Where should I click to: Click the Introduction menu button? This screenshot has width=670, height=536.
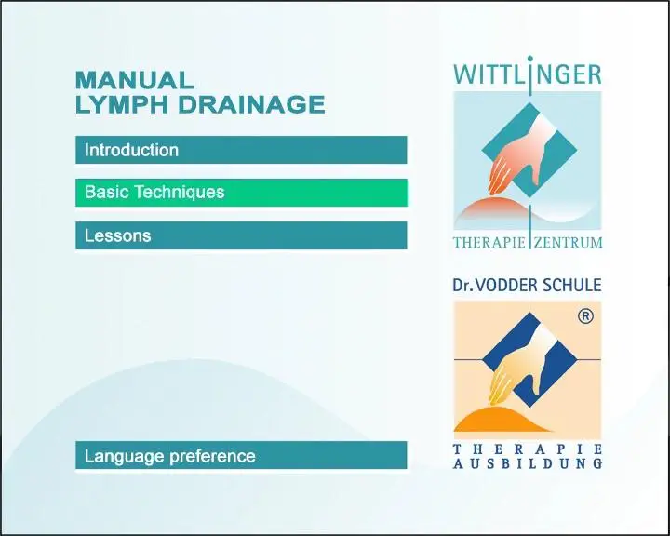241,150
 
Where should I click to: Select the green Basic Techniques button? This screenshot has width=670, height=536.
241,193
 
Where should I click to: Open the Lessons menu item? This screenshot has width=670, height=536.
241,235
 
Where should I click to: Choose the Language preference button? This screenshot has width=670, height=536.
241,456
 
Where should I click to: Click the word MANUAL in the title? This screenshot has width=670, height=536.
135,80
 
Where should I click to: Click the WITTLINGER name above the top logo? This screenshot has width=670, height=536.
528,74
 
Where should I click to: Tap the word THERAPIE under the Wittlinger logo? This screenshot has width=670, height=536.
489,243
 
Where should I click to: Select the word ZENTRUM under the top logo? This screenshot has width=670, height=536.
568,243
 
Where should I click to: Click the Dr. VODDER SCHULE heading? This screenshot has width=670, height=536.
527,285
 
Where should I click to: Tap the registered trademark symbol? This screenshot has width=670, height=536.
585,316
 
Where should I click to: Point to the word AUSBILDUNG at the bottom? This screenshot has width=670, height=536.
528,463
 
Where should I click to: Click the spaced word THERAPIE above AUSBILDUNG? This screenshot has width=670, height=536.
528,449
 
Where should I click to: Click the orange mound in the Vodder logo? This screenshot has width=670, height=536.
502,421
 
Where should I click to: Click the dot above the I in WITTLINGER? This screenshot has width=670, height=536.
530,58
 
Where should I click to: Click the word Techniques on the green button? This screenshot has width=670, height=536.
180,193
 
